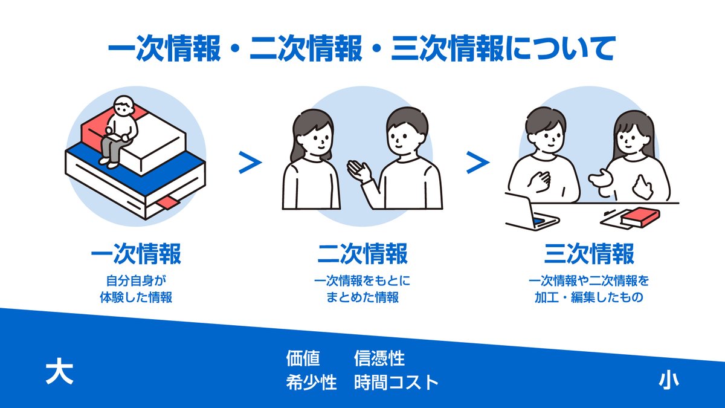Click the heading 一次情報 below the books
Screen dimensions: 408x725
(136, 254)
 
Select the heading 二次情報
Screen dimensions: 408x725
(362, 254)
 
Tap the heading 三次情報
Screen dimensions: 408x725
(589, 254)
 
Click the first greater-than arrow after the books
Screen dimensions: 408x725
(251, 163)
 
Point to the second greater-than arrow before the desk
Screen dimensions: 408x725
(477, 163)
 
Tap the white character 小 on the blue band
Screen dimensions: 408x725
(668, 380)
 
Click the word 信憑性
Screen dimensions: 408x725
(379, 358)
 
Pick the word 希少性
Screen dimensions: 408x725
(311, 383)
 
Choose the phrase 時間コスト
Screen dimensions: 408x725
(396, 383)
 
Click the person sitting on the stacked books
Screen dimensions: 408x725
(120, 130)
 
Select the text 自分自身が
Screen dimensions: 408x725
(136, 281)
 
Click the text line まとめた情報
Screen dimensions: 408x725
(362, 297)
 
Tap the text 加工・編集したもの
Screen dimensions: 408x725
(589, 297)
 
